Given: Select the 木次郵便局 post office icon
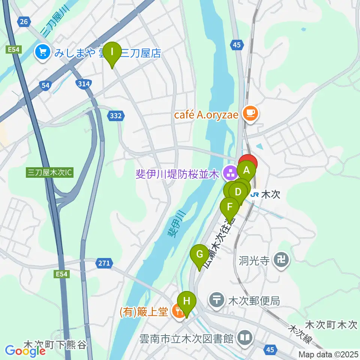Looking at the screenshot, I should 217,300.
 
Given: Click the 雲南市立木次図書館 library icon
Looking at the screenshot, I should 245,338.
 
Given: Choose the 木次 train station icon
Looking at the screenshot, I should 255,195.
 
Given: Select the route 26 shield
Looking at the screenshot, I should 24,22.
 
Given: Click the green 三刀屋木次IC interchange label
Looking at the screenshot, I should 50,173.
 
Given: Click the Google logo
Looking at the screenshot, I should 25,351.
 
